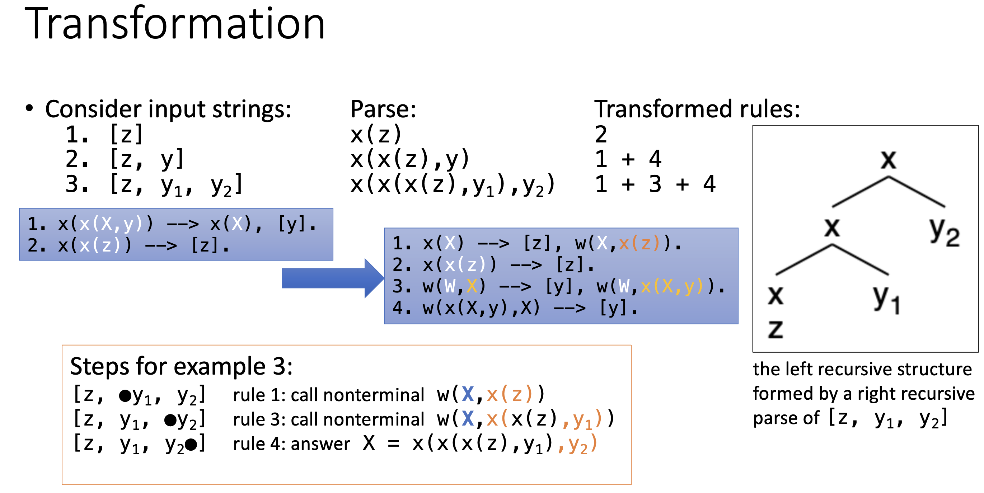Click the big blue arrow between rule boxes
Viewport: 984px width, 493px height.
pyautogui.click(x=333, y=278)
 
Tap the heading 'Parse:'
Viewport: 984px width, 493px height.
pyautogui.click(x=383, y=109)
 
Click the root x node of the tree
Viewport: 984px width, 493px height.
pyautogui.click(x=888, y=159)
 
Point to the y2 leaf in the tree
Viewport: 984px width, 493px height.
pyautogui.click(x=945, y=231)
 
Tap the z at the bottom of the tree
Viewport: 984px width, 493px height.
pyautogui.click(x=776, y=329)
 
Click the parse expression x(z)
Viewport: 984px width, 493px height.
pyautogui.click(x=376, y=135)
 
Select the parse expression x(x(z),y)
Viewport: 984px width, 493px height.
pyautogui.click(x=410, y=160)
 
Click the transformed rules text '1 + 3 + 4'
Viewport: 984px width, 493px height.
pyautogui.click(x=655, y=184)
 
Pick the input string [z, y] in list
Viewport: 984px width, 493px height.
pyautogui.click(x=147, y=159)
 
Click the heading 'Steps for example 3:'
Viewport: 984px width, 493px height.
pyautogui.click(x=182, y=367)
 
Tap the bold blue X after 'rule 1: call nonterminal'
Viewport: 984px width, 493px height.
pyautogui.click(x=468, y=394)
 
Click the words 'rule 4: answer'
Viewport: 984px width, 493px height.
pyautogui.click(x=291, y=444)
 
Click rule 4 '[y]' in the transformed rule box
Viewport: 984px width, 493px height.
pyautogui.click(x=613, y=308)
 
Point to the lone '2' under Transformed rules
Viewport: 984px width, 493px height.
pyautogui.click(x=601, y=135)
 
